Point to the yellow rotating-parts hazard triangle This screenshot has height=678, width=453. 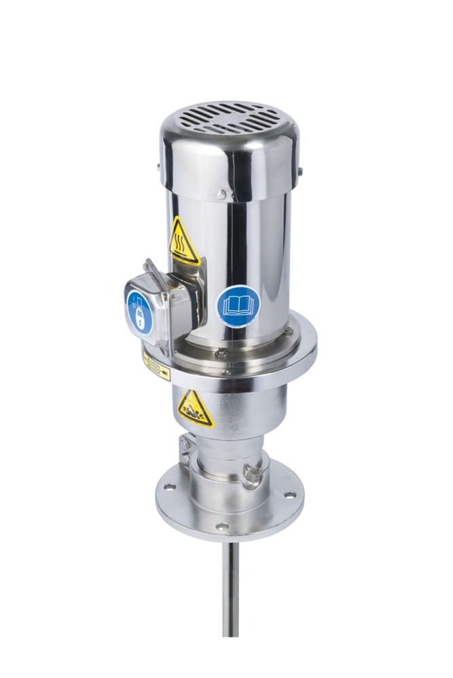click(195, 409)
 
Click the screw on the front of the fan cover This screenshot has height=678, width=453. click(221, 195)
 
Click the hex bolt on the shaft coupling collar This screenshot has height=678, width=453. click(254, 475)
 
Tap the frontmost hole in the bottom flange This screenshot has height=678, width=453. click(221, 526)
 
